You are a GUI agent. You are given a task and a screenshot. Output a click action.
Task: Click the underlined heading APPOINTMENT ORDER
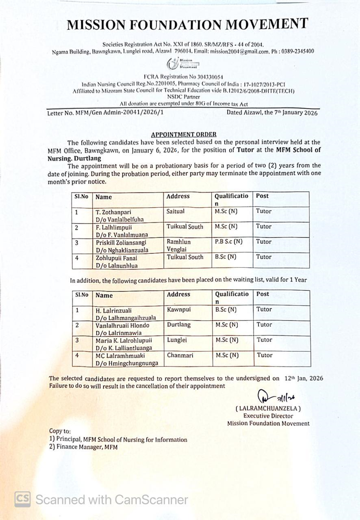coord(184,134)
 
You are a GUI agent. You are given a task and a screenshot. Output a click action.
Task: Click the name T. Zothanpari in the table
coord(113,212)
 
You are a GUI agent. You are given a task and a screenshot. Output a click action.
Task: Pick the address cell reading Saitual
coord(175,211)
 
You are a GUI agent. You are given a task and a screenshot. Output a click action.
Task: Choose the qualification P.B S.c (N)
coord(228,241)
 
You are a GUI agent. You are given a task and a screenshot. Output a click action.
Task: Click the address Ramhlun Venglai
coord(179,245)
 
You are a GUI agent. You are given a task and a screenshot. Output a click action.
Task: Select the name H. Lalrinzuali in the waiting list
coord(114,310)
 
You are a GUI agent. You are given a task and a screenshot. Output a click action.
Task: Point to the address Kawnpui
coord(179,310)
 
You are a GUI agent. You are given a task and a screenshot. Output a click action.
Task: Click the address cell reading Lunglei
coord(177,340)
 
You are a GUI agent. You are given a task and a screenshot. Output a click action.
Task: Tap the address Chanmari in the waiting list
coord(180,355)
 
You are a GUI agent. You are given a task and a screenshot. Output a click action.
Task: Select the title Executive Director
coord(268,416)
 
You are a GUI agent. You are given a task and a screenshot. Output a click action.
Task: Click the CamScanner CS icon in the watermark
coord(23,499)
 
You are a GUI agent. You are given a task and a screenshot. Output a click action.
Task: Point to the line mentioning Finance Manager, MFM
coord(83,447)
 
